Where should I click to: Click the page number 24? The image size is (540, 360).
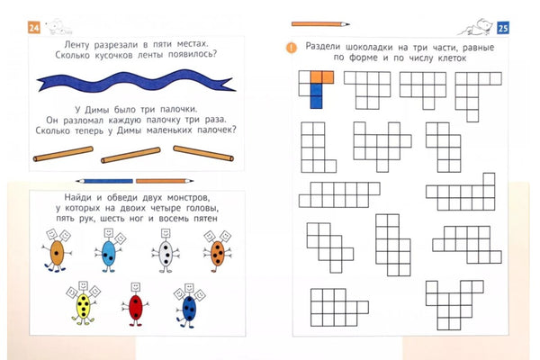(34, 28)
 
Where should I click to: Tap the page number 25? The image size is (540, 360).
(503, 28)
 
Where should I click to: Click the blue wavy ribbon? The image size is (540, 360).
(136, 81)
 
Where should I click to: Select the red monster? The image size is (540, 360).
(135, 304)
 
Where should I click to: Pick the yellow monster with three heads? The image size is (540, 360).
(83, 303)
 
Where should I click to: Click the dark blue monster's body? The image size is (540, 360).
(189, 309)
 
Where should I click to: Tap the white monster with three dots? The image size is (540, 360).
(166, 251)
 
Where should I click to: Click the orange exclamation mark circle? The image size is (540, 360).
(292, 48)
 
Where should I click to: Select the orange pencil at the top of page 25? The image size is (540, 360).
(320, 24)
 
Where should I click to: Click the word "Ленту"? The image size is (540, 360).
(76, 44)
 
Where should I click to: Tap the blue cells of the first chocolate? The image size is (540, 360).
(316, 96)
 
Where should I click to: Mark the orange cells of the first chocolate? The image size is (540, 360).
(322, 77)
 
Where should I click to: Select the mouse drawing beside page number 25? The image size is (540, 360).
(477, 28)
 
